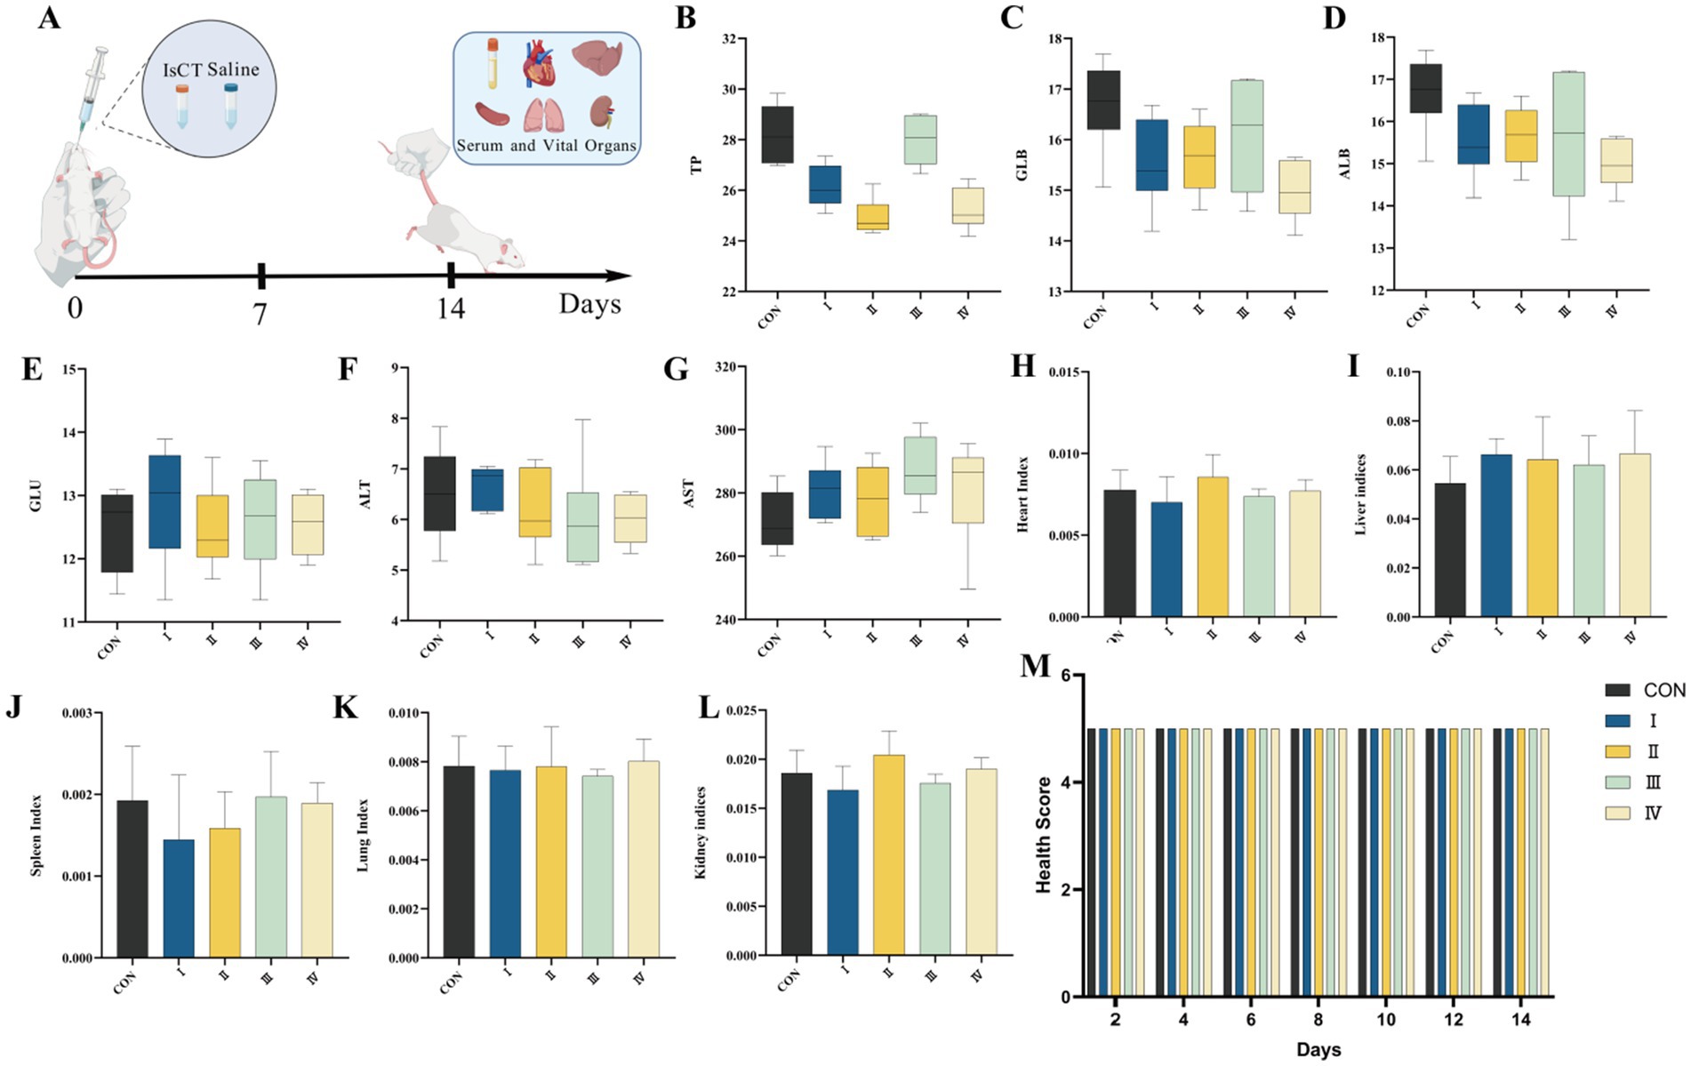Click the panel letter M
tap(1035, 666)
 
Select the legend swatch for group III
tap(1617, 782)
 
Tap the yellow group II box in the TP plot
tap(872, 217)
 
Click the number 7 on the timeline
tap(260, 314)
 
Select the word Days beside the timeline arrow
tap(589, 304)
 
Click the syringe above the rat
tap(93, 84)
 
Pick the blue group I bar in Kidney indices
tap(843, 871)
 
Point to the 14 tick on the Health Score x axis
tap(1520, 1020)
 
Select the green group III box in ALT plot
tap(583, 526)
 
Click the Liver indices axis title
tap(1360, 494)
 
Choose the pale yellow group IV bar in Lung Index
tap(644, 859)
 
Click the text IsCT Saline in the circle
tap(211, 69)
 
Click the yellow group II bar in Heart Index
tap(1213, 546)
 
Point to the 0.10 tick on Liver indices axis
tap(1400, 373)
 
